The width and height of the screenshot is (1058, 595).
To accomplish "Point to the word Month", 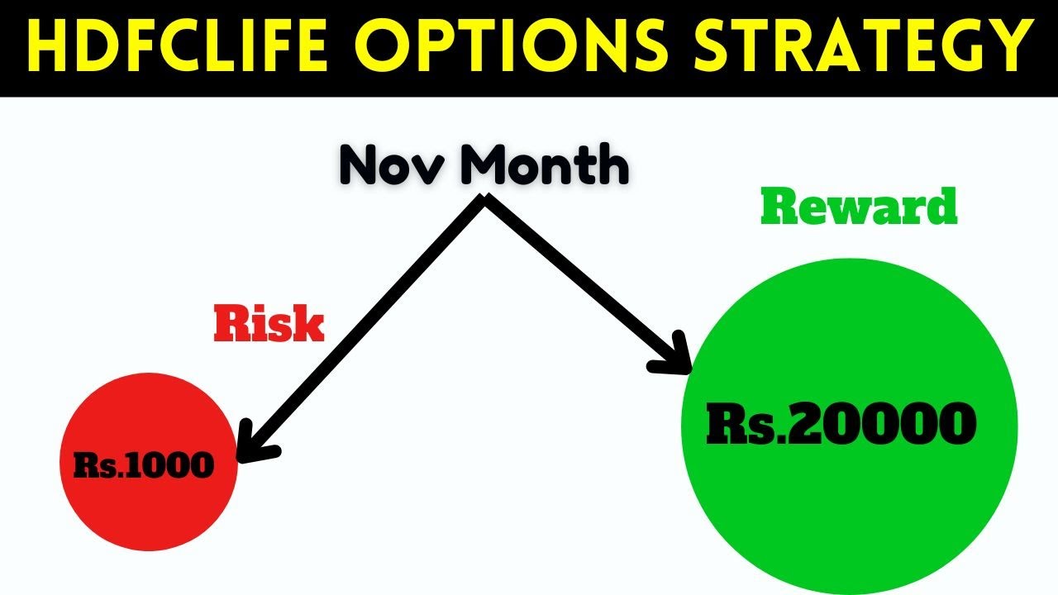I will (545, 164).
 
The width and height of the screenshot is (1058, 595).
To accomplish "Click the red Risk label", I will (269, 325).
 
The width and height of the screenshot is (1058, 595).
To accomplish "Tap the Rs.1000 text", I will (144, 466).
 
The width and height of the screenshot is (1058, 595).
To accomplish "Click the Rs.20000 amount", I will (841, 424).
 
